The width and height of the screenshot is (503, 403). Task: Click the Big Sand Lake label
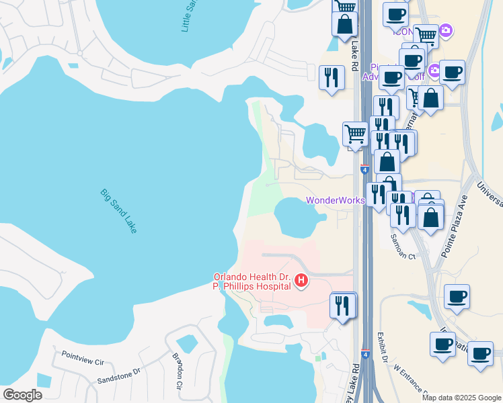pos(119,211)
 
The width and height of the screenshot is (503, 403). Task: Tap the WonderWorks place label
pos(336,200)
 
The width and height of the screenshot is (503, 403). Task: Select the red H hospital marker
pos(301,280)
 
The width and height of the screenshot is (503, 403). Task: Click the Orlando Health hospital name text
pos(252,281)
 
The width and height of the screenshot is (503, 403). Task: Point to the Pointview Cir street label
pos(82,358)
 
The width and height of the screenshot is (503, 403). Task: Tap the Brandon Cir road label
pos(178,371)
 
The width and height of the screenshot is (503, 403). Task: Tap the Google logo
pos(22,395)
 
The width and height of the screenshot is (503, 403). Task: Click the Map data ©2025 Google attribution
pos(462,398)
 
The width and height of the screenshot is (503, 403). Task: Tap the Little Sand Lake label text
pos(190,15)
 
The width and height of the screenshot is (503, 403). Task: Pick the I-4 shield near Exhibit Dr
pos(365,354)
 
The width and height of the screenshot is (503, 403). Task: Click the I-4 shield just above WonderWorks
pos(365,169)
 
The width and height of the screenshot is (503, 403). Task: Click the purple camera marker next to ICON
pos(445,30)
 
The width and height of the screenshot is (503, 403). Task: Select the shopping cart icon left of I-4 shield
pos(354,133)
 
